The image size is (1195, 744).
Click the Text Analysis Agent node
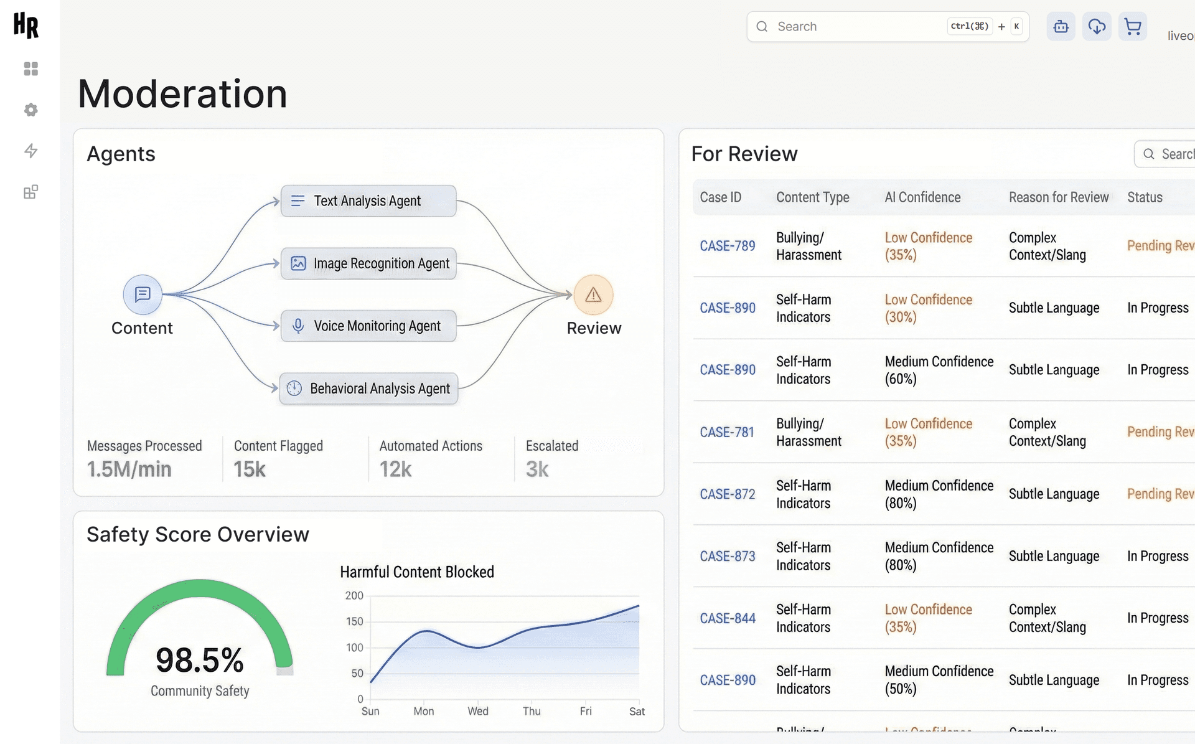368,201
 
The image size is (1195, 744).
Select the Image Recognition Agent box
368,263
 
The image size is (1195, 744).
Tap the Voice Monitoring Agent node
368,326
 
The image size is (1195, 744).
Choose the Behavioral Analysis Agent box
368,388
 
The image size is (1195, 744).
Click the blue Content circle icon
143,294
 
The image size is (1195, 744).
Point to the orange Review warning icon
593,294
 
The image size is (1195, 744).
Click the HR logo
26,26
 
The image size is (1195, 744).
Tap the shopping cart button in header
1132,27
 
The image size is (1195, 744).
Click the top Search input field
859,27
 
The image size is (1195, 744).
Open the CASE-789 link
727,246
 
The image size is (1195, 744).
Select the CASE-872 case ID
727,494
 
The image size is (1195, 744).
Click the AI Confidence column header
922,197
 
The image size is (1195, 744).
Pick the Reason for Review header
1058,197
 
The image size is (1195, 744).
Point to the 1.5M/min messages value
129,469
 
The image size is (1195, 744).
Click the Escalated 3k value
537,469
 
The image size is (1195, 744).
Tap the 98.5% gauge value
199,660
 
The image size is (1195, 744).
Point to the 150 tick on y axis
354,621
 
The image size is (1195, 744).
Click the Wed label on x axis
477,711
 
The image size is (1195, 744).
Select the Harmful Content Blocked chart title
416,572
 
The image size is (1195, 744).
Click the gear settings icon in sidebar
30,110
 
